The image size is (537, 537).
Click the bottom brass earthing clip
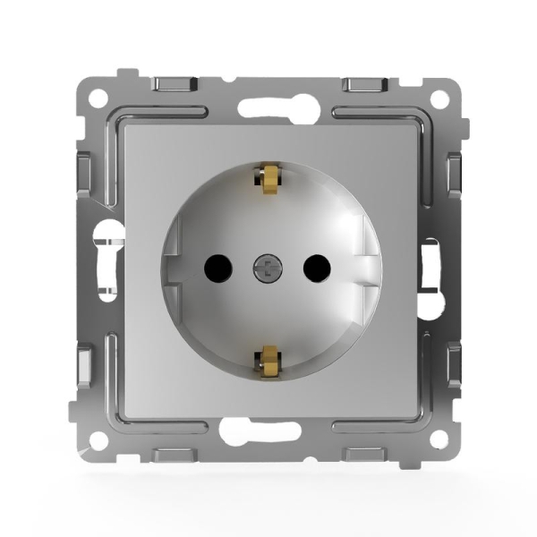click(x=266, y=360)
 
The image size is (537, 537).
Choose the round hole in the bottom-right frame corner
click(x=438, y=439)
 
